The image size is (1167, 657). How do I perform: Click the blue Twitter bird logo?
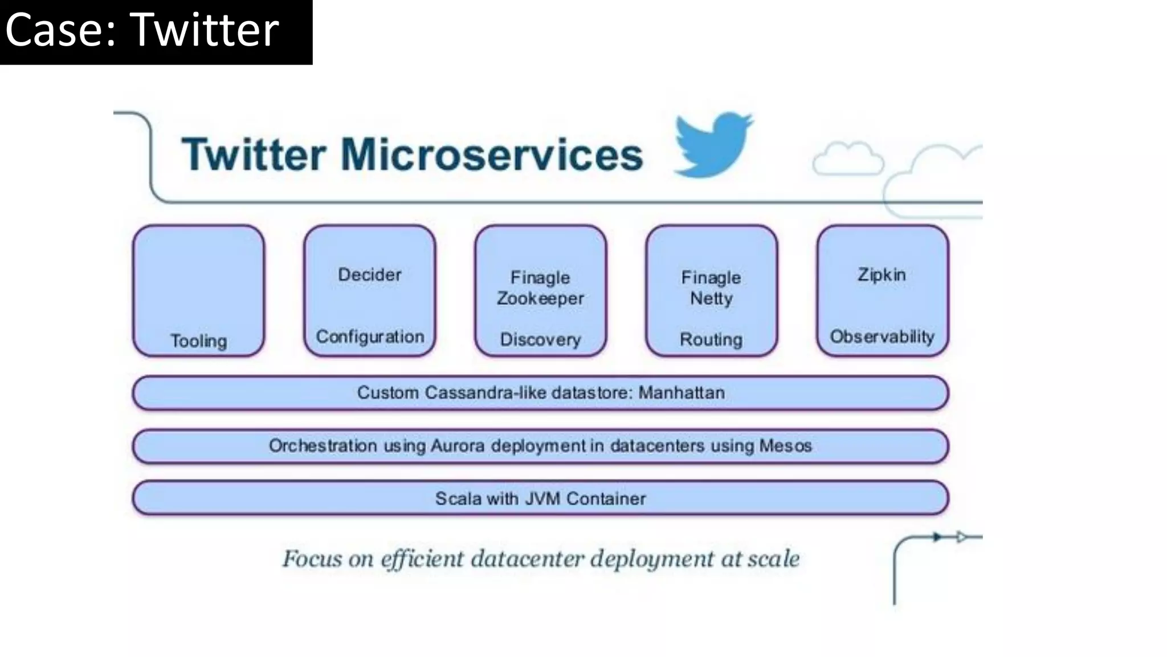[x=712, y=145]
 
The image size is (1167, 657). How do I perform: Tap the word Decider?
[x=370, y=275]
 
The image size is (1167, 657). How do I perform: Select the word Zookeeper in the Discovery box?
[x=540, y=298]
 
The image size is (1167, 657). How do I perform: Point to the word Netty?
[x=711, y=298]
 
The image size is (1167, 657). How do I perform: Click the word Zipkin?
[x=882, y=275]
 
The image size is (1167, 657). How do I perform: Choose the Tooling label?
[x=199, y=341]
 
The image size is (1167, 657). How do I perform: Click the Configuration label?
[x=370, y=336]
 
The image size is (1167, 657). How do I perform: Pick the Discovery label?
[x=540, y=339]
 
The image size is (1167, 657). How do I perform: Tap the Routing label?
[x=711, y=339]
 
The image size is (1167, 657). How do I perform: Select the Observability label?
[x=882, y=336]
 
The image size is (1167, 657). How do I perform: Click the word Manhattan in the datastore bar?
[x=682, y=393]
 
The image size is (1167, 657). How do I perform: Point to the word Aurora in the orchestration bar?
[x=458, y=445]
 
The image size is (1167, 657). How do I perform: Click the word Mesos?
[x=785, y=445]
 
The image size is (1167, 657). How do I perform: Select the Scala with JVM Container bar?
[x=540, y=498]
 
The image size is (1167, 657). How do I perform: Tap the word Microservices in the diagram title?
[x=491, y=155]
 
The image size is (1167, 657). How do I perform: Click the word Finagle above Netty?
[x=711, y=278]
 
